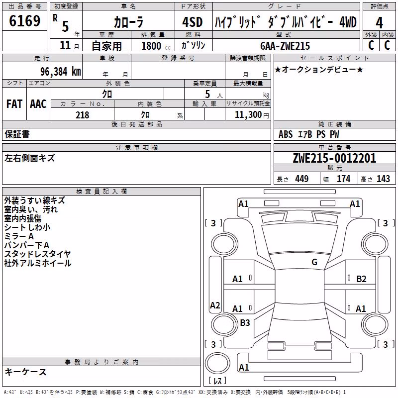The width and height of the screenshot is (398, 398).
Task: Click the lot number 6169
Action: [24, 21]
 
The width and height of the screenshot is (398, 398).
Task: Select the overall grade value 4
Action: [379, 23]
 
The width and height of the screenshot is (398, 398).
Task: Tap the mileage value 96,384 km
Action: [60, 72]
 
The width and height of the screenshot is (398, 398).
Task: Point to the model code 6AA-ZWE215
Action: [285, 46]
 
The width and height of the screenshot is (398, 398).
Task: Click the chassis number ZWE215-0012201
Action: [334, 158]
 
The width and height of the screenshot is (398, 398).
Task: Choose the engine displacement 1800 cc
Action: [156, 46]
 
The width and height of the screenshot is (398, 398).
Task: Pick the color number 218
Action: [82, 115]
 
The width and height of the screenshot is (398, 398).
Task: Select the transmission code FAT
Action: [14, 104]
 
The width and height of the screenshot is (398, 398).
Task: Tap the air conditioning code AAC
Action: [38, 104]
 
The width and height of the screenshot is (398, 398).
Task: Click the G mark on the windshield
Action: [314, 262]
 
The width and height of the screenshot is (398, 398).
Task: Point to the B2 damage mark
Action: [361, 279]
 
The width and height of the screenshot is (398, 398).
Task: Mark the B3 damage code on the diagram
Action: [245, 322]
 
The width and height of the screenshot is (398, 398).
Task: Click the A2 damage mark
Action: [215, 305]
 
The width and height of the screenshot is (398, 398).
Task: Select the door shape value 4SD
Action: [193, 22]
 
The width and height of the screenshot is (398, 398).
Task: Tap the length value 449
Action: [302, 179]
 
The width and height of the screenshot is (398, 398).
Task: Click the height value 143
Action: [383, 179]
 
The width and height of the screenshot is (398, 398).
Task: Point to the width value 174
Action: [343, 179]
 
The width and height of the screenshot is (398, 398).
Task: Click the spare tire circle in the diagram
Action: [217, 363]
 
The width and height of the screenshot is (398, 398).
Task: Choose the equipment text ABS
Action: [286, 134]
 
